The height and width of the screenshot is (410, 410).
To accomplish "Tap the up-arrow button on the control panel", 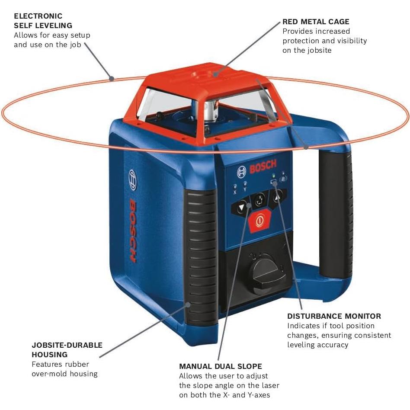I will point(278,197).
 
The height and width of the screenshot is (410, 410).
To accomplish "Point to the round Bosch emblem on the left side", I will point(133,180).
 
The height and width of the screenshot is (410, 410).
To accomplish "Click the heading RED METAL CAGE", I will point(316,22).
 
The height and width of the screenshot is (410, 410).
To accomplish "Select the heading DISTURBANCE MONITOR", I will point(334,316).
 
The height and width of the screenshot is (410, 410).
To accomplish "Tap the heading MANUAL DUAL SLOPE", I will point(221,366).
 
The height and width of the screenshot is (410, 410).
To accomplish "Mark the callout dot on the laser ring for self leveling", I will point(111,79).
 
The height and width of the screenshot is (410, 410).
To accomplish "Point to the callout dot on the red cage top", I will point(215,74).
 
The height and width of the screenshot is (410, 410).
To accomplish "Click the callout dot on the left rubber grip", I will point(189,304).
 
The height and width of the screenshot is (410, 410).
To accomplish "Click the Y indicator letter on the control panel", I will point(245,189).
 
